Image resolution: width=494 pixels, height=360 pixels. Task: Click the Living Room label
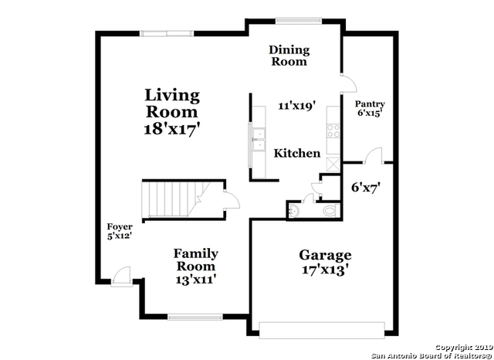point(172,104)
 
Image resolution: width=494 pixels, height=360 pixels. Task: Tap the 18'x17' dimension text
point(172,130)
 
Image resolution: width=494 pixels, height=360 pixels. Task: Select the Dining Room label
point(289,56)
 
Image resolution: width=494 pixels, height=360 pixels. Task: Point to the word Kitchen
point(296,153)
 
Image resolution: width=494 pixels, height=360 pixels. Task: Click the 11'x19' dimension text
point(296,106)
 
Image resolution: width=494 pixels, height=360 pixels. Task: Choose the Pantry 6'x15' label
point(370,108)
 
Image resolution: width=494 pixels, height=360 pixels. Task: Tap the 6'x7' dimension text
point(366,188)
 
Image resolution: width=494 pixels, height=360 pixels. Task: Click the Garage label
point(325,256)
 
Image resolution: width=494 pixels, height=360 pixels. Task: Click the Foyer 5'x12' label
point(120,231)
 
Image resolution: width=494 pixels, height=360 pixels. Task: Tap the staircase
point(177,199)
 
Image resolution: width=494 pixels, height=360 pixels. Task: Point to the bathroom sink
point(294,210)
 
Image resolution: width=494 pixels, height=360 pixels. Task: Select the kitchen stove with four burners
point(333,131)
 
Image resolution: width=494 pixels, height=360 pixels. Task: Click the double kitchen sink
point(259,139)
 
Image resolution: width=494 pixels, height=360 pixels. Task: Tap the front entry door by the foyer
point(122,277)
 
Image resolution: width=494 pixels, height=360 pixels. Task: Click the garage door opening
point(322,330)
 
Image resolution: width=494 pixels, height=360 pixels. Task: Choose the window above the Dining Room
point(299,21)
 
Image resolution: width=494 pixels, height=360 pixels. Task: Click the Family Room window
point(195,317)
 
